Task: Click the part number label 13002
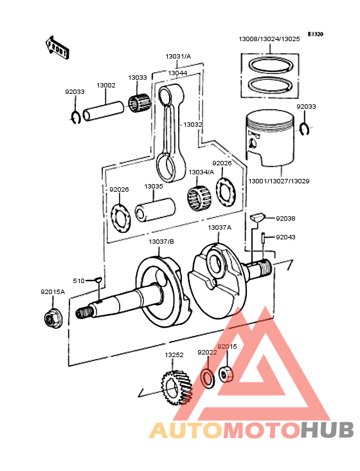[x=106, y=85]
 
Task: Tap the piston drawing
[x=270, y=138]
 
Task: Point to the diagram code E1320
[x=316, y=33]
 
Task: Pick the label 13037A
[x=219, y=228]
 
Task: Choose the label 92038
[x=285, y=219]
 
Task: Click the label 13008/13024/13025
[x=269, y=39]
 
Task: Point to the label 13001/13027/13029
[x=278, y=181]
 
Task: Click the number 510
[x=78, y=281]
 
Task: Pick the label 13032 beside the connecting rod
[x=193, y=124]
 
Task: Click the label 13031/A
[x=179, y=57]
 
